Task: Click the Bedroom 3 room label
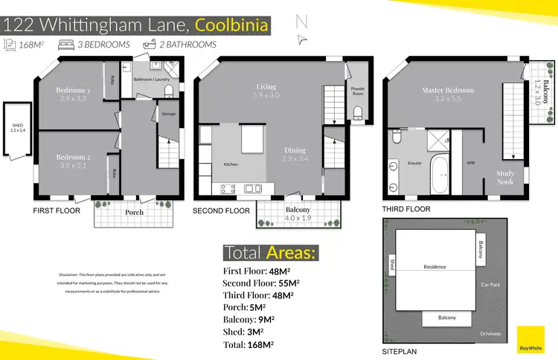point(73,91)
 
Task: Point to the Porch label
point(135,212)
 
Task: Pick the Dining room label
point(295,150)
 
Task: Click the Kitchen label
point(231,164)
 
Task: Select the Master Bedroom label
point(447,90)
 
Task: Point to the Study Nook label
point(505,176)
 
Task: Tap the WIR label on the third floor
point(470,162)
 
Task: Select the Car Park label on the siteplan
point(490,285)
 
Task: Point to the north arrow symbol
point(301,30)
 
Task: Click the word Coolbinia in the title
point(231,25)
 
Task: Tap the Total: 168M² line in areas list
point(248,344)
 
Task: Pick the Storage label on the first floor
point(168,114)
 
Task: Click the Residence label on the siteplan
point(434,266)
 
